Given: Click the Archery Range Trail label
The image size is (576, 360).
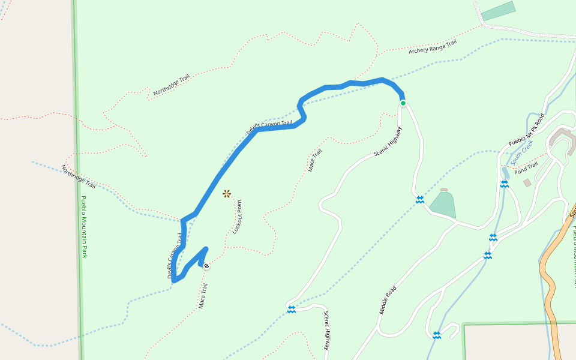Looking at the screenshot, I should click(433, 47).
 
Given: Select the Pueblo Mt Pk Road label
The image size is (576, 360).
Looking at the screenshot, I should click(526, 130).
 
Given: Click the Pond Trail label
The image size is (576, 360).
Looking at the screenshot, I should click(526, 166).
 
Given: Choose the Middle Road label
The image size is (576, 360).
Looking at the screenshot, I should click(388, 300).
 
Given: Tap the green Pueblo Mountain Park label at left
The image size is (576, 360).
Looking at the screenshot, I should click(84, 227).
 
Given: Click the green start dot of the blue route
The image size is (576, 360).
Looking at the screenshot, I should click(403, 103).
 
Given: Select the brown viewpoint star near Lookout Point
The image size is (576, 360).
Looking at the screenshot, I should click(227, 193).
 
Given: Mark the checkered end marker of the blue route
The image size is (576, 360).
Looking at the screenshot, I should click(206, 265).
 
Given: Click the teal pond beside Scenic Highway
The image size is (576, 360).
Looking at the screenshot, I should click(443, 205).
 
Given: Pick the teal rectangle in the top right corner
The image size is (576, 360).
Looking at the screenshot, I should click(498, 11).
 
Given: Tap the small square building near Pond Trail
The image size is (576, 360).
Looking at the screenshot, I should click(527, 182).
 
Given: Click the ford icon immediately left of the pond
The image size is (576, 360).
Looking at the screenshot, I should click(420, 199).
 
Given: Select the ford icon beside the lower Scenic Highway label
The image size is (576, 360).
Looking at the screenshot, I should click(292, 309).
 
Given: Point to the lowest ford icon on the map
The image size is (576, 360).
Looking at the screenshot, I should click(437, 335).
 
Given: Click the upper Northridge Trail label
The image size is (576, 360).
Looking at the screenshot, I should click(171, 85).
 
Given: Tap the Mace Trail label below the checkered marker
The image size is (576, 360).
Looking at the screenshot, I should click(203, 296).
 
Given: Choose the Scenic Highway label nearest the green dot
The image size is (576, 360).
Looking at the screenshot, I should click(388, 142).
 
